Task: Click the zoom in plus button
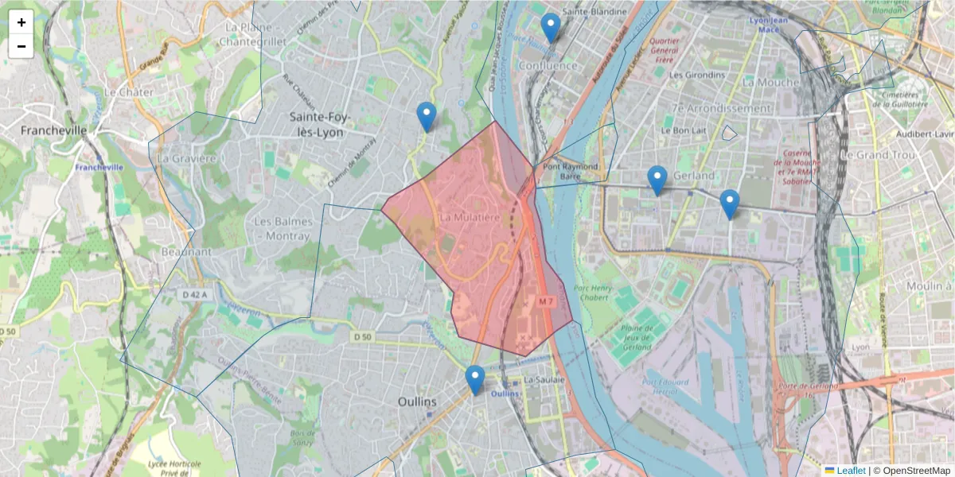tap(21, 23)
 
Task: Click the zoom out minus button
tap(21, 46)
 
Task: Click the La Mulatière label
tap(470, 216)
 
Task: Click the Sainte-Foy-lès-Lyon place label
tap(317, 125)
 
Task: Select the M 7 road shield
tap(545, 302)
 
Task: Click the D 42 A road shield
tap(194, 295)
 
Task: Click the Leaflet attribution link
tap(851, 471)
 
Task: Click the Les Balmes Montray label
tap(282, 229)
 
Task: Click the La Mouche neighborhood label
tap(770, 82)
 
